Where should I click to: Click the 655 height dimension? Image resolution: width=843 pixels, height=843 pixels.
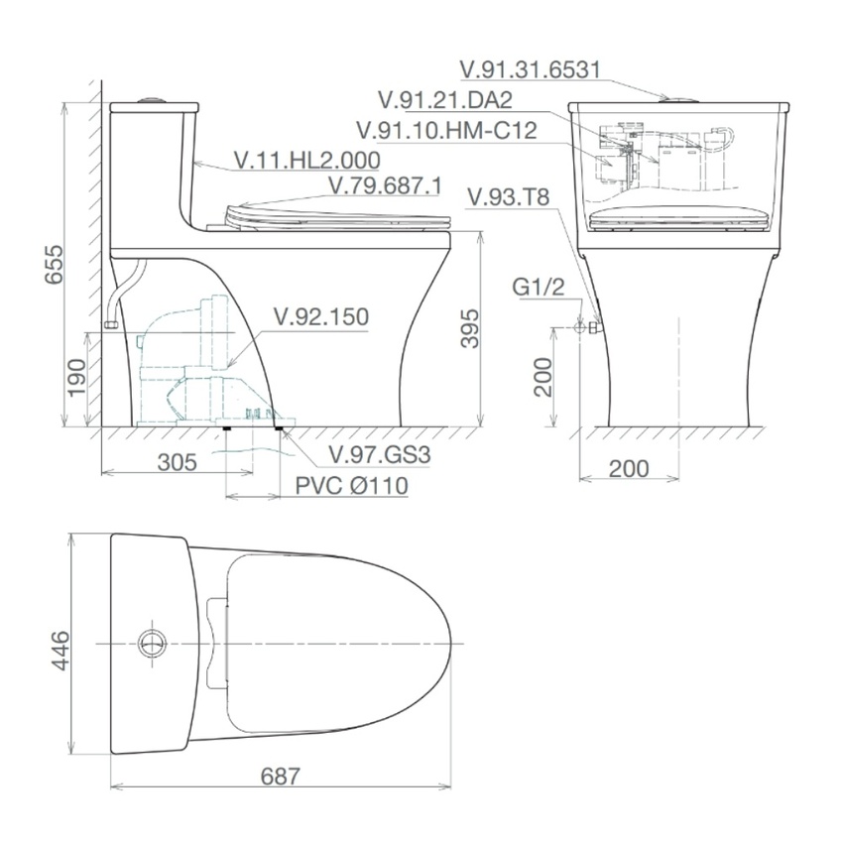tap(55, 265)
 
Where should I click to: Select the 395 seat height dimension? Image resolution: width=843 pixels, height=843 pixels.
tap(470, 328)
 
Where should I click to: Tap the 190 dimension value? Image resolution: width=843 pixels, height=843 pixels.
tap(78, 377)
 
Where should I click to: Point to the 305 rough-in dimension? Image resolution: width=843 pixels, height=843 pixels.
tap(178, 462)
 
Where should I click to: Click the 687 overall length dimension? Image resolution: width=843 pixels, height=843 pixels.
tap(280, 777)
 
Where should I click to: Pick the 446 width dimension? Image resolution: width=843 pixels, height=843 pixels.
tap(60, 651)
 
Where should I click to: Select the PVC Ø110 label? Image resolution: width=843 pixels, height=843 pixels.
tap(352, 486)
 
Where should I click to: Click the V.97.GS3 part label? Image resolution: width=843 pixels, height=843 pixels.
tap(380, 455)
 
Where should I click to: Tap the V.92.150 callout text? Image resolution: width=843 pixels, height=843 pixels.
tap(321, 316)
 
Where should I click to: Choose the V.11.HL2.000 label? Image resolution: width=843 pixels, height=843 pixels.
tap(307, 161)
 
